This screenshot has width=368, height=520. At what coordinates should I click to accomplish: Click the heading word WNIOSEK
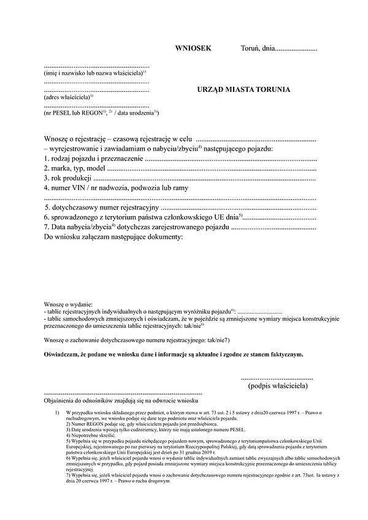click(x=193, y=48)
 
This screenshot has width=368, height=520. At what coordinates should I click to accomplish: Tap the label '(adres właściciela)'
click(x=68, y=97)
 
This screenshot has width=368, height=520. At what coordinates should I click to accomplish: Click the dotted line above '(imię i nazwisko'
click(x=96, y=65)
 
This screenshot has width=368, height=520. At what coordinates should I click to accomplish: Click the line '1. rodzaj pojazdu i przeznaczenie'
click(x=94, y=159)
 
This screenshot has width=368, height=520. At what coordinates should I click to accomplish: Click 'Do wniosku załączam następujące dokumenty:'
click(x=113, y=236)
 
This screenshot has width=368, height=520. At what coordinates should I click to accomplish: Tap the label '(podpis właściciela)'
click(x=277, y=386)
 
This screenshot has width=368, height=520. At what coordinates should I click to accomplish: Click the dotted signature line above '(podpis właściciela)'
click(x=277, y=378)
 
